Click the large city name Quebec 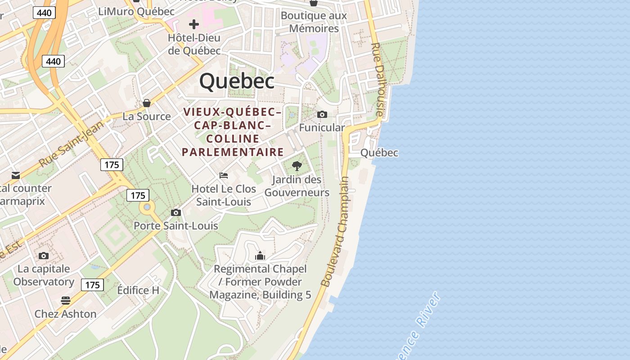coord(237,81)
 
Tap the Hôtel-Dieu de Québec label coord(194,44)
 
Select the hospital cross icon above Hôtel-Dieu coord(194,24)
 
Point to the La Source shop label coord(147,117)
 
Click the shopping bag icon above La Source coord(147,103)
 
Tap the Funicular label coord(322,128)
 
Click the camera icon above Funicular coord(322,115)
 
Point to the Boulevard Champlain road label coord(336,231)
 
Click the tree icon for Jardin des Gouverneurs coord(297,166)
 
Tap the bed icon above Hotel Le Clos coord(224,175)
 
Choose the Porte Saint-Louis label coord(176,225)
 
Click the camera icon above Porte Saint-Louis coord(176,212)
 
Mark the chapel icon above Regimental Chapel coord(260,256)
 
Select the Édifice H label coord(138,290)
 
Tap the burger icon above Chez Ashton coord(66,300)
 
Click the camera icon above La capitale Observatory coord(44,256)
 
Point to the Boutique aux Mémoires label coord(314,22)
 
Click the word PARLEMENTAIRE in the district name coord(233,152)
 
